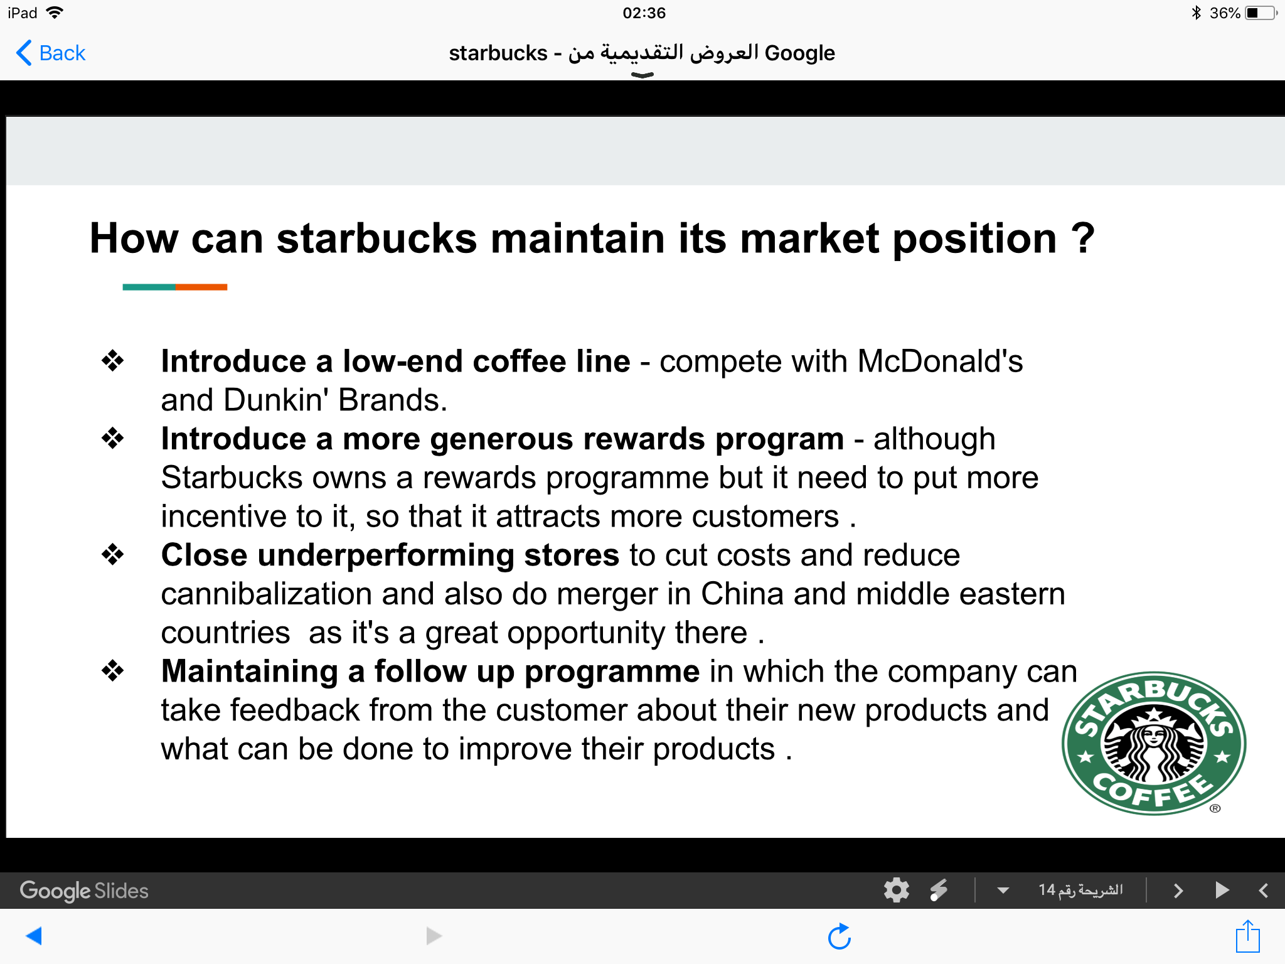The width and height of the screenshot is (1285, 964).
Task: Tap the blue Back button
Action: pos(51,53)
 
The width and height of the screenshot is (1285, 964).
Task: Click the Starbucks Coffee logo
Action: pos(1154,744)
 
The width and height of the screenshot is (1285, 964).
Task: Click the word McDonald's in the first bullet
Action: pos(940,361)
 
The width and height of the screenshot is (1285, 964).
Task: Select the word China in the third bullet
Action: pos(742,594)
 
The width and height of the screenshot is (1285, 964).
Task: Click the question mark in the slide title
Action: pos(1082,238)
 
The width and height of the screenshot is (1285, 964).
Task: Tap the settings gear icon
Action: pos(897,890)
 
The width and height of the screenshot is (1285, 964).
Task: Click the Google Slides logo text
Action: pos(84,891)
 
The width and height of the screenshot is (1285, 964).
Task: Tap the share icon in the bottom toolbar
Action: pos(1247,936)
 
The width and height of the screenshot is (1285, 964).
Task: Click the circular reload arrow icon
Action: pos(840,936)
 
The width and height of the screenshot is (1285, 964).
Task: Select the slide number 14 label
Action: pos(1080,890)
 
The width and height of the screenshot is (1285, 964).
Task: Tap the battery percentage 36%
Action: pos(1225,13)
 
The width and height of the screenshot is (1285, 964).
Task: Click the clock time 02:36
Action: pos(644,13)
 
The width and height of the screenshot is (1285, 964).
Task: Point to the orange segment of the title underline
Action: pos(201,287)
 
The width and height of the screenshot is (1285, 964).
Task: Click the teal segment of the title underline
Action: pos(149,287)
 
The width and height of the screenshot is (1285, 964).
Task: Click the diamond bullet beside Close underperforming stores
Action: pos(113,554)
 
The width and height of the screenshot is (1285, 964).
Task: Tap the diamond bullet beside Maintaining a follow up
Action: pos(113,670)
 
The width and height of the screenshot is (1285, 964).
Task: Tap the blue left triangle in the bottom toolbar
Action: pos(34,936)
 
